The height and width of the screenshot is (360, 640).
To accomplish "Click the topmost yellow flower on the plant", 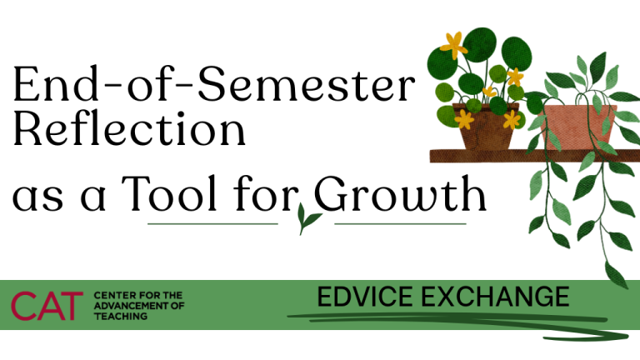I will click(453, 43).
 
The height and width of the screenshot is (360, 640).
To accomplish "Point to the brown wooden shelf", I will click(500, 155).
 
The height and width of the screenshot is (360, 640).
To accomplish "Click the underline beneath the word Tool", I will click(212, 223).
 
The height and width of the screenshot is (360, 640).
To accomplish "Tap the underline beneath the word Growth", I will click(400, 223).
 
